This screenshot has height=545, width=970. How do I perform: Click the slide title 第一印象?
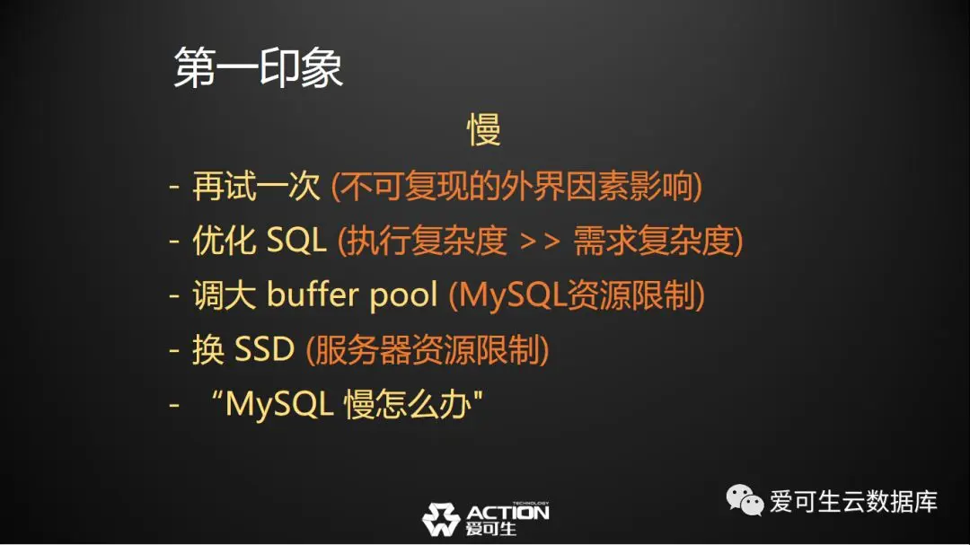point(258,67)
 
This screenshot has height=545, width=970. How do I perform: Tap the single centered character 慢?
point(484,130)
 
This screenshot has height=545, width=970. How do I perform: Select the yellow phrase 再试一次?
point(257,186)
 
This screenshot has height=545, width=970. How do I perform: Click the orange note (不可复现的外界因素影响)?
point(516,186)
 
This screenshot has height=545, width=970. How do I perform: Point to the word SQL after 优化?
point(295,240)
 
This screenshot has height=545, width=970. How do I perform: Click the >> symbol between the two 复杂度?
point(540,242)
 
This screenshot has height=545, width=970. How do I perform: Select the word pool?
point(403,295)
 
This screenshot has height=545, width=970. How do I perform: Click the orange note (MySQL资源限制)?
point(577,295)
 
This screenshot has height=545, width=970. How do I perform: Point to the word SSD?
point(264,349)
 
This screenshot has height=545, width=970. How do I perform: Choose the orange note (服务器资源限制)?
point(428,349)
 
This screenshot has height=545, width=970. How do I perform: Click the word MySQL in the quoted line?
point(279,405)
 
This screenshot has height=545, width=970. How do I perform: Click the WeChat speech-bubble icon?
point(745,500)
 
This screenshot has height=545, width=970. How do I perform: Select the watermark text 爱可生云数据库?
point(854,501)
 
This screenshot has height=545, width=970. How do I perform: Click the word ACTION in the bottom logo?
point(507,513)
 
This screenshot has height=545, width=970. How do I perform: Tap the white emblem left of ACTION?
point(441,519)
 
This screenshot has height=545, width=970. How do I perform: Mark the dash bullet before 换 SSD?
point(174,351)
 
